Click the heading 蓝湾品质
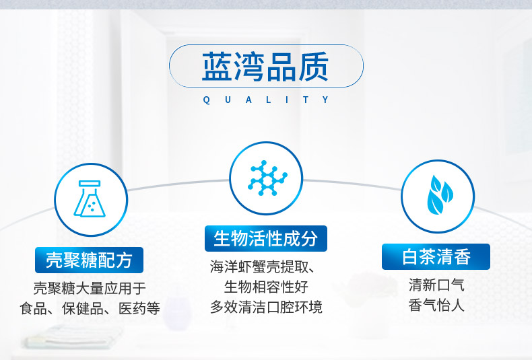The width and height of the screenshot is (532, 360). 265,67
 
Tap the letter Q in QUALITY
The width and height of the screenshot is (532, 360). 206,100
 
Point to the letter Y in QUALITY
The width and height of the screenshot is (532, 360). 326,100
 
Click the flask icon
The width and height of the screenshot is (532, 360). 90,199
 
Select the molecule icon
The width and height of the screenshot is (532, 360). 267,178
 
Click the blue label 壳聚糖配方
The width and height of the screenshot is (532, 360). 89,260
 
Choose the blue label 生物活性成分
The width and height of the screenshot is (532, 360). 265,238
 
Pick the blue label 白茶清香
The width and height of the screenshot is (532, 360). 436,256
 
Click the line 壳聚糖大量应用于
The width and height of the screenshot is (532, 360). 90,289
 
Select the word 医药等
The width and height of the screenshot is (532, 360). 139,308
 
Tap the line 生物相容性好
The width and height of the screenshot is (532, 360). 266,287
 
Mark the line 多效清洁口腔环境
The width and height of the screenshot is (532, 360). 266,307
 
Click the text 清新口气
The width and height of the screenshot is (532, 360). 436,285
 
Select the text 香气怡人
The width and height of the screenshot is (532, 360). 436,305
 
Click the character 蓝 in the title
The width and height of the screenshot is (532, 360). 217,67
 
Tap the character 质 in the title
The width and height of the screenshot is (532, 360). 314,67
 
